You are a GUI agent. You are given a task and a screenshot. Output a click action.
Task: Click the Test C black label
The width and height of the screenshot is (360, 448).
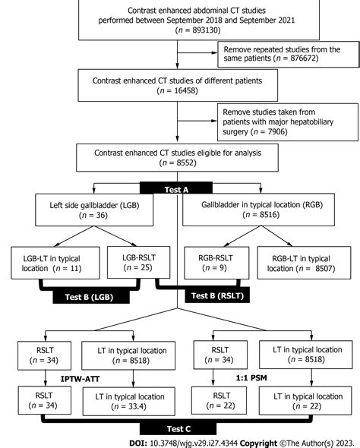click(177, 429)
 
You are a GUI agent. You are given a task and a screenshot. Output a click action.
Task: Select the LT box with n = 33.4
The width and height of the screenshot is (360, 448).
click(130, 400)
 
